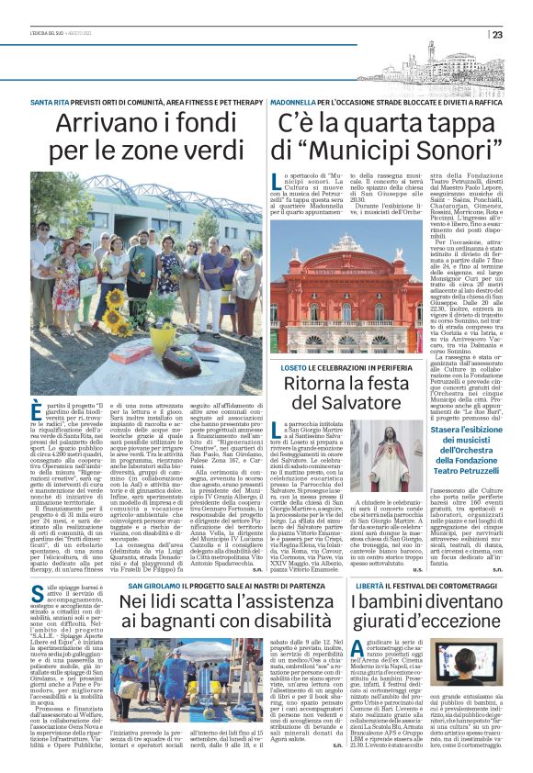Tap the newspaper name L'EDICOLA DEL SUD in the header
click(55, 35)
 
